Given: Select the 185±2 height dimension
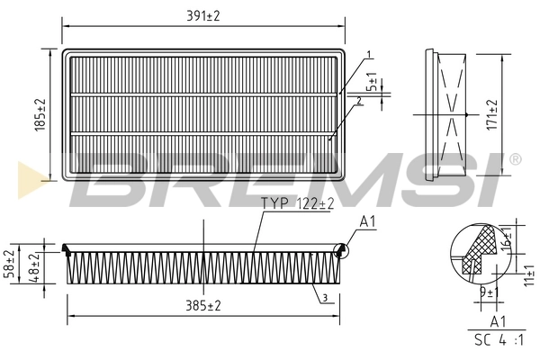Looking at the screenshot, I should [x=39, y=116].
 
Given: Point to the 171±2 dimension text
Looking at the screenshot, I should [x=490, y=114].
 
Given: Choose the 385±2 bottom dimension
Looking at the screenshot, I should [x=202, y=306].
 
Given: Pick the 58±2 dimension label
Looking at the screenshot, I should [x=10, y=259].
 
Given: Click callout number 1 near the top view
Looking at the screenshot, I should [x=369, y=56].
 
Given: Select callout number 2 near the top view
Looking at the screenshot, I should [x=359, y=101].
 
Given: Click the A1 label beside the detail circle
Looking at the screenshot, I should [x=368, y=221].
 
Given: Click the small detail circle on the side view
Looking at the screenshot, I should [x=341, y=252].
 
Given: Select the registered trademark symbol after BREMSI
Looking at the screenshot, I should [x=515, y=159].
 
